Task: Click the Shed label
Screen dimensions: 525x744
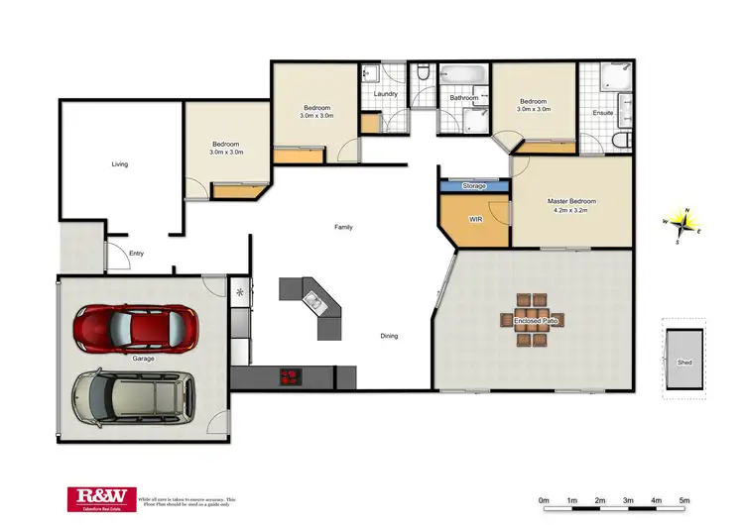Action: point(684,363)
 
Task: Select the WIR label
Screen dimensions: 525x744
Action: point(475,218)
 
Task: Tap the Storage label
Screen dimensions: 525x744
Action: point(474,185)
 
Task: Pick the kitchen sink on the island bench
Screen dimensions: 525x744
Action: point(314,299)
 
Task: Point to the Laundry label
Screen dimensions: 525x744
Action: point(386,94)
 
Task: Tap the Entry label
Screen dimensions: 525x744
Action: point(136,254)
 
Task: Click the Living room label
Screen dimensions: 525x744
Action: point(119,164)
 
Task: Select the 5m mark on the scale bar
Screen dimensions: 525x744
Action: point(684,500)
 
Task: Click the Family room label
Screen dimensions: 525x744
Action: point(343,227)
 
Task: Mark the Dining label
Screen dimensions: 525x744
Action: point(389,336)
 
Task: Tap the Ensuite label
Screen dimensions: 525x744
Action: point(603,113)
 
